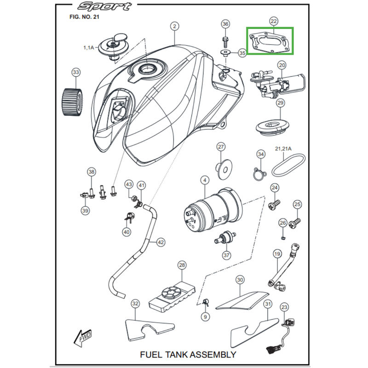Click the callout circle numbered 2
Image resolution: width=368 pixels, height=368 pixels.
coord(174,26)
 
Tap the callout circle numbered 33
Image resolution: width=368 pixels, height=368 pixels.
coord(76,72)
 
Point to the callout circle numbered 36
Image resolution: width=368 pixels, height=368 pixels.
coord(225,24)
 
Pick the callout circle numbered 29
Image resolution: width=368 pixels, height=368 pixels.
coord(281,103)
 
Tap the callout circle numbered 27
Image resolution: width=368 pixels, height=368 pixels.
coord(221,147)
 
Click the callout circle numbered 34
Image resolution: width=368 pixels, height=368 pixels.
coord(261,154)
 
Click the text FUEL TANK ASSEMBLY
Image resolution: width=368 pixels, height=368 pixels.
coord(188,355)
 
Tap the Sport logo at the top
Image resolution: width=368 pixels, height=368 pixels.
coord(104,6)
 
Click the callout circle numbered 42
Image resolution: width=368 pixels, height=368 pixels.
coord(161,242)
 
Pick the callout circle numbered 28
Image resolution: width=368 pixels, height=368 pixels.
coord(182,265)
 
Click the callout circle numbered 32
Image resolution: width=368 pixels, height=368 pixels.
coord(135,304)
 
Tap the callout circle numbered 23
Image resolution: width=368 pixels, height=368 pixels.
coord(284,307)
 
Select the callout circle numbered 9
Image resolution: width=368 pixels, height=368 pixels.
coord(206,317)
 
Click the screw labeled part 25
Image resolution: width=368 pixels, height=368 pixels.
coord(294,224)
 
